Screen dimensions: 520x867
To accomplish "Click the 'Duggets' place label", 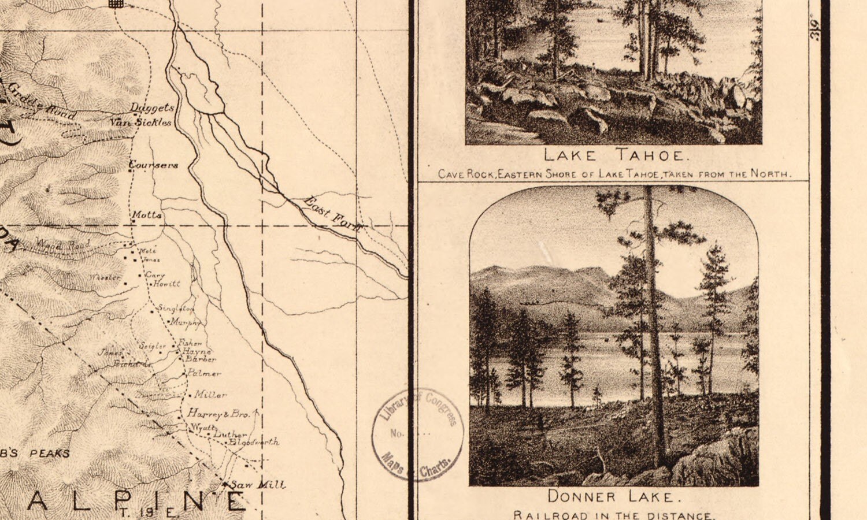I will point(152,108).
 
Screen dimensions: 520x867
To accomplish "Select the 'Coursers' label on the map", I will point(154,165).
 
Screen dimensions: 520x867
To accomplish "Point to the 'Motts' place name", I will point(147,215).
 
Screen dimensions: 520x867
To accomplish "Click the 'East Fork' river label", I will point(333,214).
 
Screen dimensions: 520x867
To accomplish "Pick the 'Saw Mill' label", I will point(257,485).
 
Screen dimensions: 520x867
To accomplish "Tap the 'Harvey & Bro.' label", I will point(218,414).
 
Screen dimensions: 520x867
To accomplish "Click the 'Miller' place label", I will point(210,395).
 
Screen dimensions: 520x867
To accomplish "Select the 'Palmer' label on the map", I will point(203,373).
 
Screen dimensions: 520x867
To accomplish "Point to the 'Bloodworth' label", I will point(254,442).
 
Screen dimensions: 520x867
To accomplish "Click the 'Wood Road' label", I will point(62,245).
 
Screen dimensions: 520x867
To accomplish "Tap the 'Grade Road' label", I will point(42,102).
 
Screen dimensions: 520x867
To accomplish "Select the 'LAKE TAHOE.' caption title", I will point(616,155).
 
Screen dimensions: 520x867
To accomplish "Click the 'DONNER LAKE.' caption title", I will point(610,496).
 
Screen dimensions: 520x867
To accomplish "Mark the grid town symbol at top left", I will point(116,3).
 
